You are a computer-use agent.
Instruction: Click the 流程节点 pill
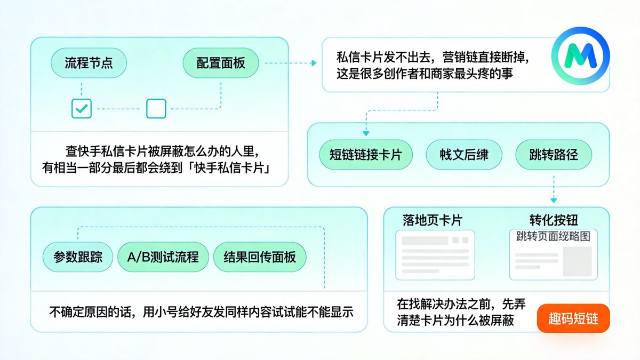tap(89, 63)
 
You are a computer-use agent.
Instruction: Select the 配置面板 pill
tap(221, 63)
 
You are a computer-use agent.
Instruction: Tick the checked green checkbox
tap(82, 108)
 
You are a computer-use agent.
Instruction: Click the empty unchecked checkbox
tap(156, 108)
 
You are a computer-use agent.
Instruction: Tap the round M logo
tap(580, 56)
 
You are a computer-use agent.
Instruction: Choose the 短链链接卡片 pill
tap(365, 155)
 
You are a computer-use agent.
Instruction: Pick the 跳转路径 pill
tap(554, 155)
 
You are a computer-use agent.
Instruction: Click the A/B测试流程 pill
tap(163, 257)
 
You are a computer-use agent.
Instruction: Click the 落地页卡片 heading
tap(433, 220)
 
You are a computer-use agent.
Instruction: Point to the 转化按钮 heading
tap(554, 220)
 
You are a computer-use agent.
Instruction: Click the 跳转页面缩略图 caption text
tap(553, 237)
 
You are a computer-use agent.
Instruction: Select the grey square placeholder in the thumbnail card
tap(577, 261)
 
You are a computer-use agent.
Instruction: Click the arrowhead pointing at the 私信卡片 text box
tap(314, 63)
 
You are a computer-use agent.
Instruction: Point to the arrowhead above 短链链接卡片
tap(365, 133)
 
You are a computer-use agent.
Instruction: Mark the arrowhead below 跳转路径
tap(554, 198)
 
